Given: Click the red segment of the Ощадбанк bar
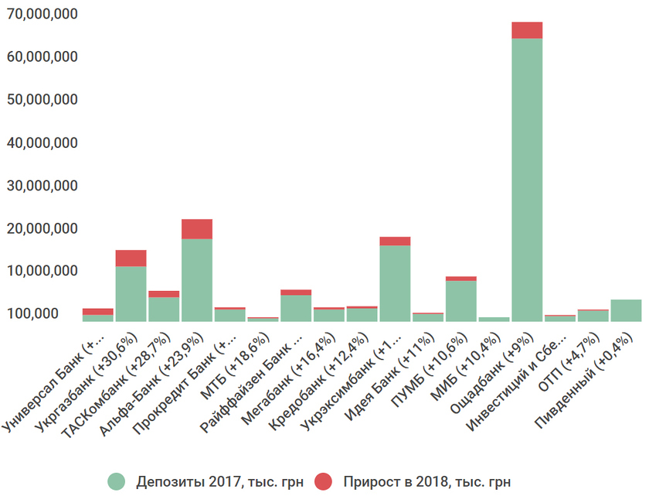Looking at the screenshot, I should pyautogui.click(x=527, y=30).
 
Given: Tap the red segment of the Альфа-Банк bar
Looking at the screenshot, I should pyautogui.click(x=197, y=229).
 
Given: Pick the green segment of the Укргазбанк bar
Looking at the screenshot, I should pyautogui.click(x=131, y=293).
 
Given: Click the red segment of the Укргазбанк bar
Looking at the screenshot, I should pyautogui.click(x=131, y=258).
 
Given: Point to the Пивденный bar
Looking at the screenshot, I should pyautogui.click(x=626, y=310).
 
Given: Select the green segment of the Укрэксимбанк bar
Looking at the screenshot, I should pyautogui.click(x=395, y=282).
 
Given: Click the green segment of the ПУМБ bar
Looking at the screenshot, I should pyautogui.click(x=460, y=300).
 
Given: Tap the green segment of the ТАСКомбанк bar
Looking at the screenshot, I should pyautogui.click(x=164, y=309).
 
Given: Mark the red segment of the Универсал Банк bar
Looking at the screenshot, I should pyautogui.click(x=98, y=311).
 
